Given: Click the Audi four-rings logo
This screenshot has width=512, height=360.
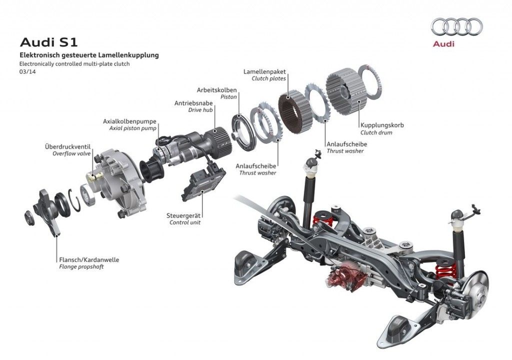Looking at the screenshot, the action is [x=456, y=27].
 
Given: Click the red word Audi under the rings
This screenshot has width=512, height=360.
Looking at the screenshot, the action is [x=443, y=44].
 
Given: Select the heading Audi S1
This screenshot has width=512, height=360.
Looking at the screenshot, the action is [x=48, y=42].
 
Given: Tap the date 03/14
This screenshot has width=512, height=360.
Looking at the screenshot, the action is [x=27, y=72].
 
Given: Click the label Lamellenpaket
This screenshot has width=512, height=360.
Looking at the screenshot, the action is [x=264, y=71].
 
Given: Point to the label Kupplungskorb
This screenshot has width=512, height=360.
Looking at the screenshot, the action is [x=382, y=125].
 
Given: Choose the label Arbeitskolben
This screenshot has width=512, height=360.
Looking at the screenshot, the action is [x=216, y=90].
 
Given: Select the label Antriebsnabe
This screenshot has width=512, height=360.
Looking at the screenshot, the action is [x=193, y=103].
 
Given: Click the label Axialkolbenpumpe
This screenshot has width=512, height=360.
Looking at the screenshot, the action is [x=129, y=121].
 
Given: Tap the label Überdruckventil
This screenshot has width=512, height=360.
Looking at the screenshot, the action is [x=67, y=146].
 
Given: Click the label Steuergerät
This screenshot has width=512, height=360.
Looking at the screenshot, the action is [x=183, y=215].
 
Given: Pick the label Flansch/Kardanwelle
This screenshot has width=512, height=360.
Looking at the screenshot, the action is [x=89, y=260].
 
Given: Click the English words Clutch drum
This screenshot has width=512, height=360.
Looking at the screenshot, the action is [x=376, y=132].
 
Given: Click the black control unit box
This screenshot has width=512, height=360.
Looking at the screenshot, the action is [x=203, y=184].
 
